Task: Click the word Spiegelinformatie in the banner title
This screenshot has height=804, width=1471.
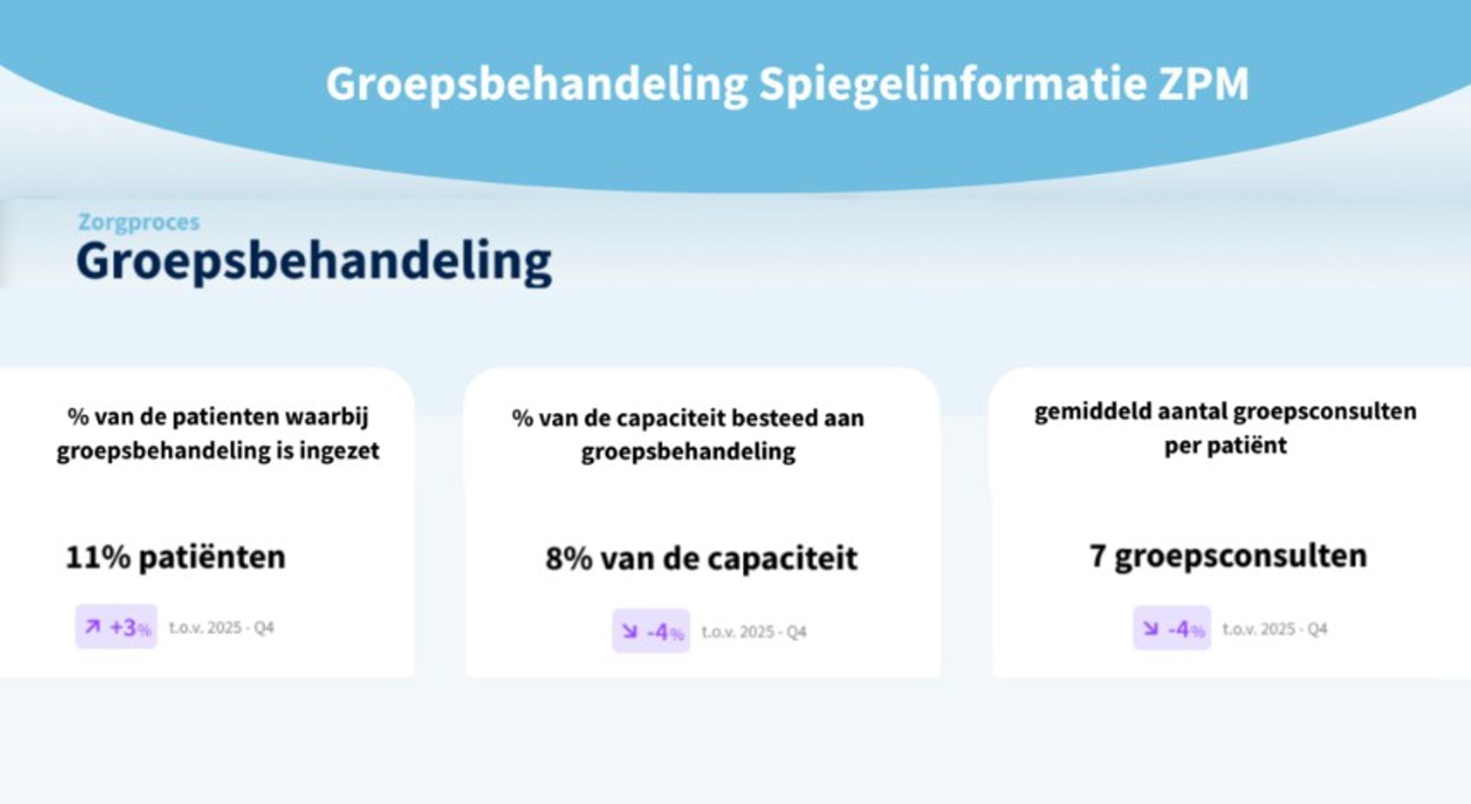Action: tap(953, 85)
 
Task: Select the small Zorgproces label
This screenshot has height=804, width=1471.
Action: tap(139, 223)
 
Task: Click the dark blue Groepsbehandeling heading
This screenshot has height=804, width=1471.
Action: tap(314, 261)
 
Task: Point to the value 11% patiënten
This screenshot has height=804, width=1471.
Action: tap(176, 557)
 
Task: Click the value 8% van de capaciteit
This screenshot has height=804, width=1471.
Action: tap(701, 558)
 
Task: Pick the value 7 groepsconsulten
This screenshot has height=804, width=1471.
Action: tap(1228, 556)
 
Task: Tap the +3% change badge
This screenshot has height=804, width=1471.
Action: tap(116, 626)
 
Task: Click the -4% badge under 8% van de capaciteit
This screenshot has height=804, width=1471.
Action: tap(651, 630)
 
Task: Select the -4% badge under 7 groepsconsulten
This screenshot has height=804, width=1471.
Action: tap(1171, 628)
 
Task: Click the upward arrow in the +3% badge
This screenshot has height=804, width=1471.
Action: tap(93, 626)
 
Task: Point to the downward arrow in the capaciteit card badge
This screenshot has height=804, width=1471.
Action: tap(630, 631)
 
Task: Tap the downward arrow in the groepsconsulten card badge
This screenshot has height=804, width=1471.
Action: tap(1150, 628)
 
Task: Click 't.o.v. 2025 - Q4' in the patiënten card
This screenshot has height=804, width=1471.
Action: tap(222, 627)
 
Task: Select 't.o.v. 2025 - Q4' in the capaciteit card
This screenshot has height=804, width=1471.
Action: tap(754, 631)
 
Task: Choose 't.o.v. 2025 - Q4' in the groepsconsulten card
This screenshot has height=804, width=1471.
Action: tap(1274, 628)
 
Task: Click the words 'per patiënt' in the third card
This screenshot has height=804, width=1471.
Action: tap(1226, 446)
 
